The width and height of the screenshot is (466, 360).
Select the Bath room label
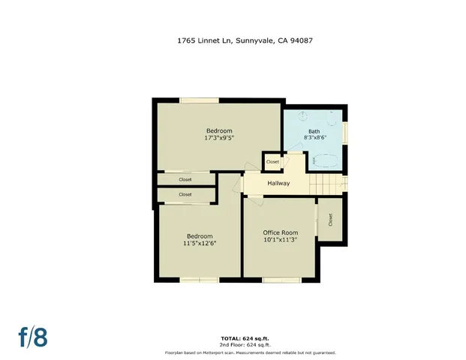click(313, 131)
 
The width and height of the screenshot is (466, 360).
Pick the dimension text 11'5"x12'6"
click(199, 243)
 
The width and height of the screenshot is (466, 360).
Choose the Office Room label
click(280, 232)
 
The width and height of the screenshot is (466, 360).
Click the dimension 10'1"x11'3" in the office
click(280, 240)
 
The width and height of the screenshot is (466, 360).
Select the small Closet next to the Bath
click(272, 161)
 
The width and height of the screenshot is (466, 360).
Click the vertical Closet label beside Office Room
click(329, 220)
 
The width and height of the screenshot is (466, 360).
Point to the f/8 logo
click(34, 337)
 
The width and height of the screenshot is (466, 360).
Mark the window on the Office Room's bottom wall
click(282, 280)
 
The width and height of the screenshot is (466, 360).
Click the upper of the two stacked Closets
click(185, 179)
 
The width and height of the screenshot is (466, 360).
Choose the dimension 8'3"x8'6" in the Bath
click(313, 139)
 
